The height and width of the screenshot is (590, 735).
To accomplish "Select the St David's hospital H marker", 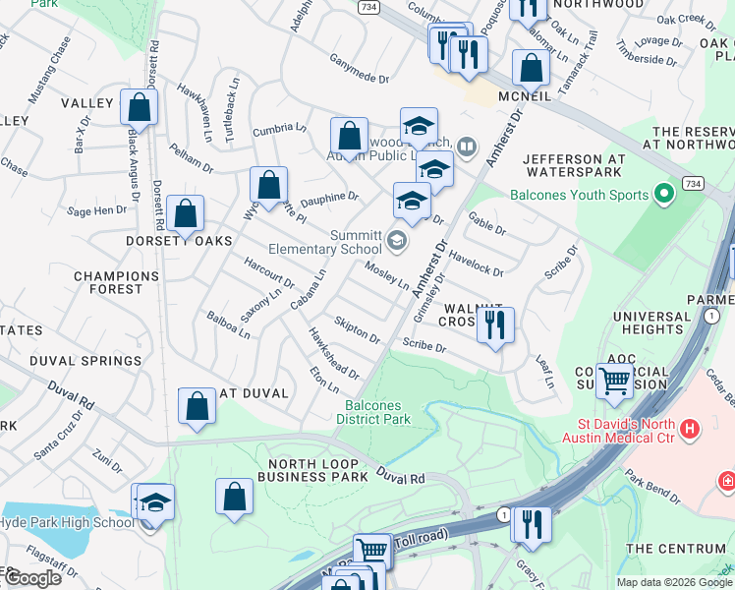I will (690, 430).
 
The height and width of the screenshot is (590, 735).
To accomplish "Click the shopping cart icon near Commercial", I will (615, 381).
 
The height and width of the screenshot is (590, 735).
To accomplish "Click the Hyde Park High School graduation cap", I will (155, 502).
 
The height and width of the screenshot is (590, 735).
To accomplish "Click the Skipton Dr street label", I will (357, 330).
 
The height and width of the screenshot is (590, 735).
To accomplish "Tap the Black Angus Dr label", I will (133, 158).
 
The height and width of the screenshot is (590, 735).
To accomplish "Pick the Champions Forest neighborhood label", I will (108, 283).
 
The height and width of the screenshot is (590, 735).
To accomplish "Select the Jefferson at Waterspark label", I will (575, 165).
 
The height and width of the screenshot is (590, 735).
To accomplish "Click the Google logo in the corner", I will (32, 578).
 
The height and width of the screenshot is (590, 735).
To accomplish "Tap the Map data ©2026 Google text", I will (673, 582).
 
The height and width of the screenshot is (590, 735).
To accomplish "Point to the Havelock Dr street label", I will (477, 263).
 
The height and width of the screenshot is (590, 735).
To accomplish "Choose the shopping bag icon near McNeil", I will (531, 68).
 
